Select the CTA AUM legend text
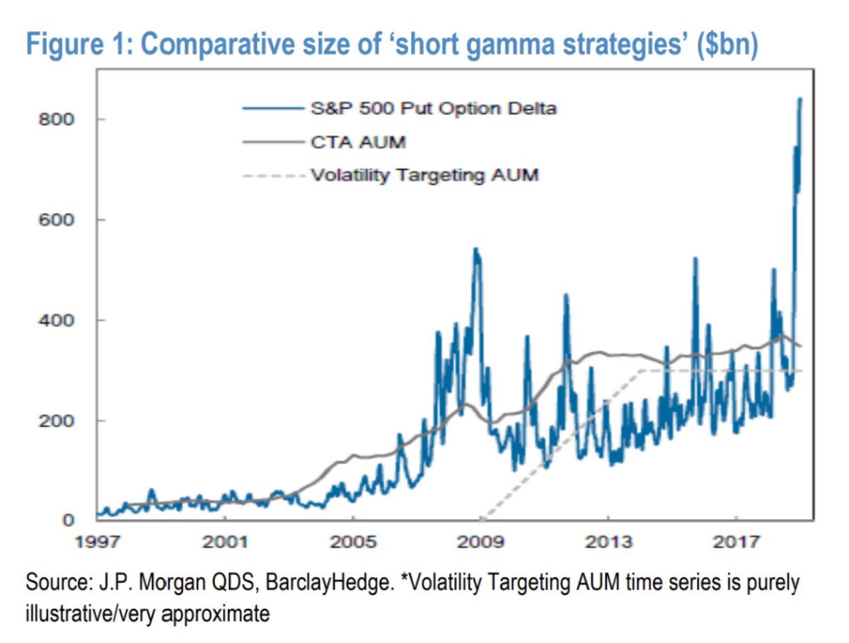pos(358,142)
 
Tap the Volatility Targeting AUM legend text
pos(424,174)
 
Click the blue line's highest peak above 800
pos(800,99)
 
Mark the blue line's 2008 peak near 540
pos(475,249)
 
